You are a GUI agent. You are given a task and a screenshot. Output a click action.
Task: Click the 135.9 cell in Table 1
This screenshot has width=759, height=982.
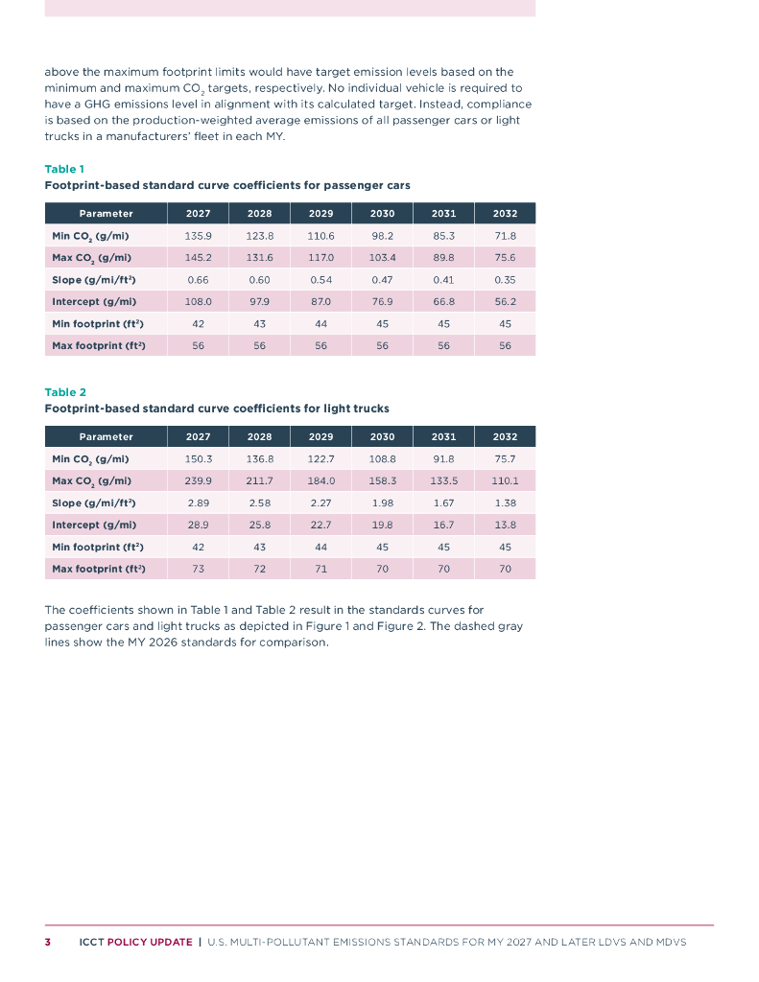(x=198, y=235)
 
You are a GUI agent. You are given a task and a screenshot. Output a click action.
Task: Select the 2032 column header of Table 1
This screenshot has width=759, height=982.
(x=505, y=213)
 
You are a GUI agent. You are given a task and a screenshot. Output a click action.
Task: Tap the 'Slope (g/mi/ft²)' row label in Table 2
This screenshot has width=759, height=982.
(x=94, y=503)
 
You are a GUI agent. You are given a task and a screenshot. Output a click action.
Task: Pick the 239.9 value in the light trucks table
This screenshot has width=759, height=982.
(x=198, y=480)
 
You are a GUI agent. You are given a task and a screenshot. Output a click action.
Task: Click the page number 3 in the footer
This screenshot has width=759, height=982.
(x=48, y=942)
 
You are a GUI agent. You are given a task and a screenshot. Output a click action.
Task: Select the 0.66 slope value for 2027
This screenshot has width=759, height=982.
(x=198, y=279)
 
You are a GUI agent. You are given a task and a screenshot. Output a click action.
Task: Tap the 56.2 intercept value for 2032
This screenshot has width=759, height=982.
(x=505, y=301)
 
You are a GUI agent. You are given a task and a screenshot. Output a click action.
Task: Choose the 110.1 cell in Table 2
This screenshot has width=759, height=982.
(x=505, y=480)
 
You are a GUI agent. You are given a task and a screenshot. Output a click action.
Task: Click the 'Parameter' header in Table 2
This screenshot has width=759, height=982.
(x=106, y=436)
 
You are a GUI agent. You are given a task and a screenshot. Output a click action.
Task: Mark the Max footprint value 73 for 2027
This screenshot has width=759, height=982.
(x=198, y=569)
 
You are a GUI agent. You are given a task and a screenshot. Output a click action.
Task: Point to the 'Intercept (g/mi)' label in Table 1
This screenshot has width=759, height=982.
(x=94, y=301)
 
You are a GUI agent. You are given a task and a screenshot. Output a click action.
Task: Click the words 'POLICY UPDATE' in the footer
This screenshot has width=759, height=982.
(x=149, y=942)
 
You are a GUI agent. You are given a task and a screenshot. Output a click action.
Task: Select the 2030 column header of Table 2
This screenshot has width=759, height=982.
(x=382, y=436)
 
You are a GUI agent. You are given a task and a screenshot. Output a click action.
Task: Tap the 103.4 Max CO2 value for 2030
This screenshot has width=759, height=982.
(x=382, y=257)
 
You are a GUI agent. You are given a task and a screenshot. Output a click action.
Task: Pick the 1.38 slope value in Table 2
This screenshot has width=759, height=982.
(x=505, y=503)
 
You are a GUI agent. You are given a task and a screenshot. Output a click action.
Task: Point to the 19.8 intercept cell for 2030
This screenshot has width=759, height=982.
(x=382, y=525)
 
